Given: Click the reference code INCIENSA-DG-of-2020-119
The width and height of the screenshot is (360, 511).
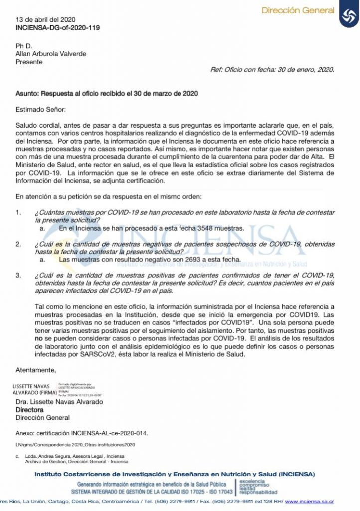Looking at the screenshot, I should coord(58,28).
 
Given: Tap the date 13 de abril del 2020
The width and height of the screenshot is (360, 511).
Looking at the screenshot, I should coord(46,20).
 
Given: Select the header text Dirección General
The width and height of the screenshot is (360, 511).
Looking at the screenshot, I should coord(298,10).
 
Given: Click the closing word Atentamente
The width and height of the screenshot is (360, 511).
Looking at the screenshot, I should coord(35,370).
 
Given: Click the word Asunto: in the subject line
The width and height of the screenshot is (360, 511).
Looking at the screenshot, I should coord(27,94).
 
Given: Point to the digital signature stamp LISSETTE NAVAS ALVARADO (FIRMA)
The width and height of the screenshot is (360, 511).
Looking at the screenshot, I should coord(34,389).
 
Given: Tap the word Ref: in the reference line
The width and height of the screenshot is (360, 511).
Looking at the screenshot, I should coord(217,70).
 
